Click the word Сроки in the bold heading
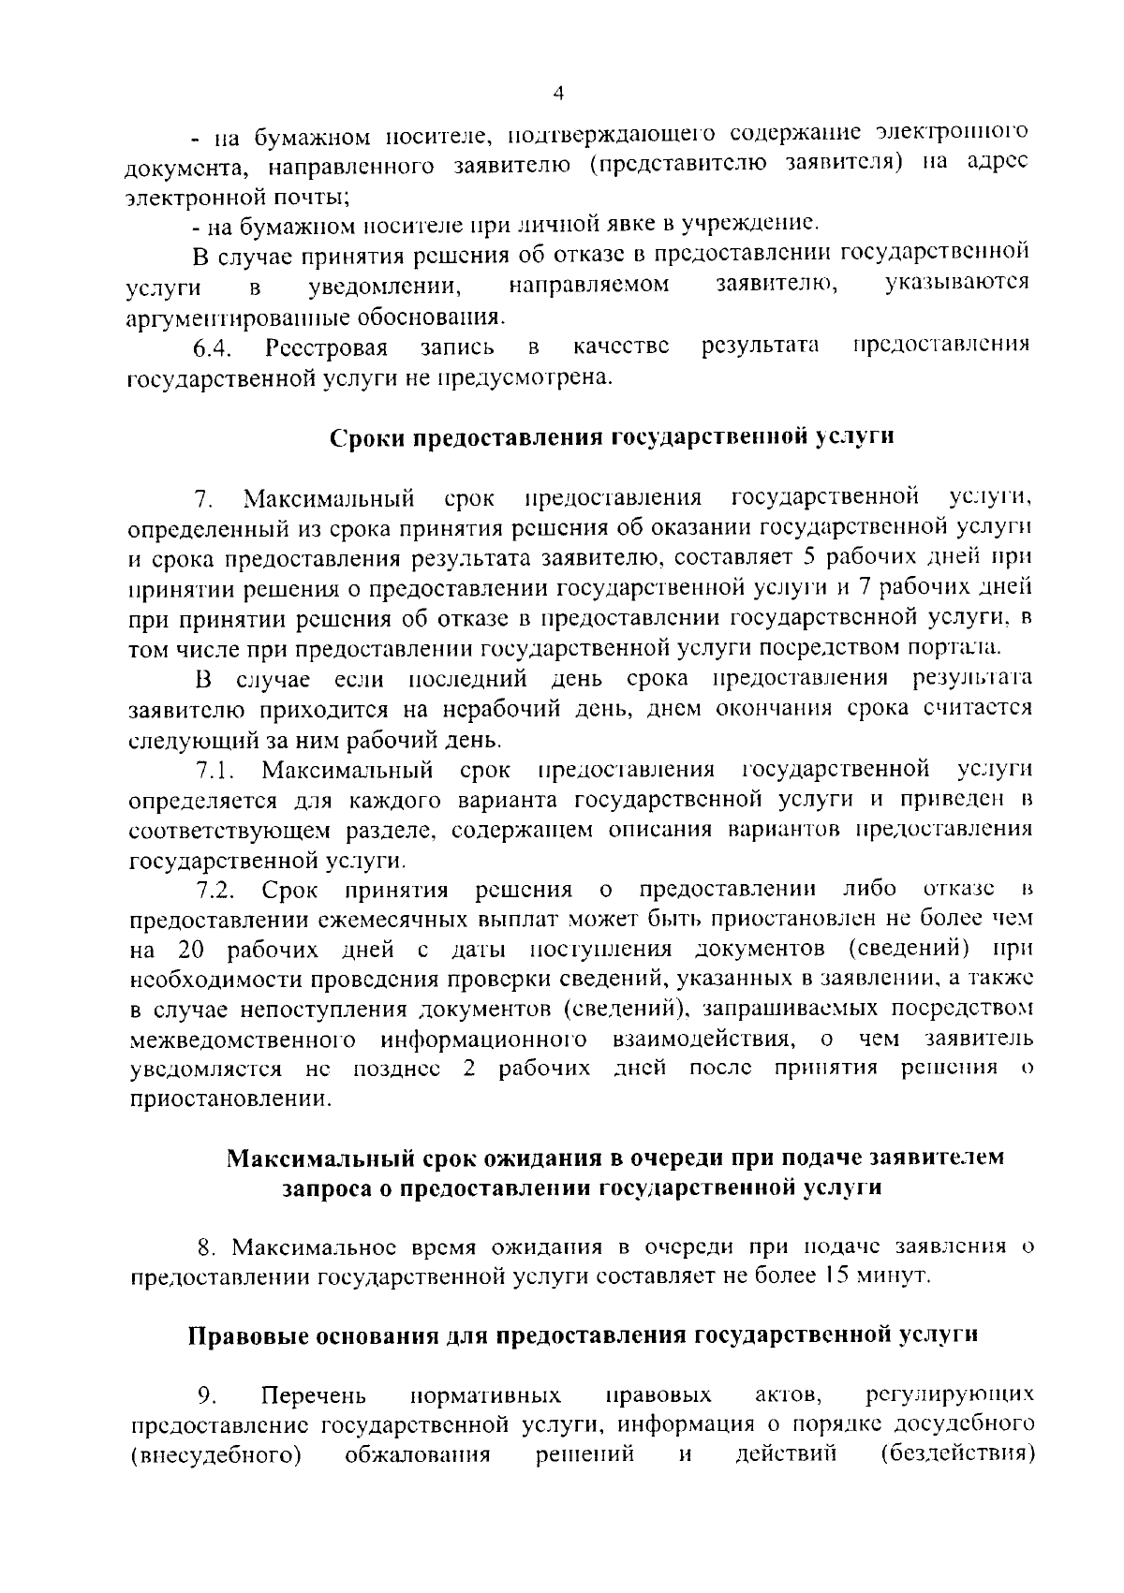(x=367, y=438)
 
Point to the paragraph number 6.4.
(x=212, y=347)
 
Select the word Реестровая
(x=326, y=347)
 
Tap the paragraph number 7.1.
(x=214, y=770)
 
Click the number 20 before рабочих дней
(x=190, y=950)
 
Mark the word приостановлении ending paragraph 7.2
(x=229, y=1099)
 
